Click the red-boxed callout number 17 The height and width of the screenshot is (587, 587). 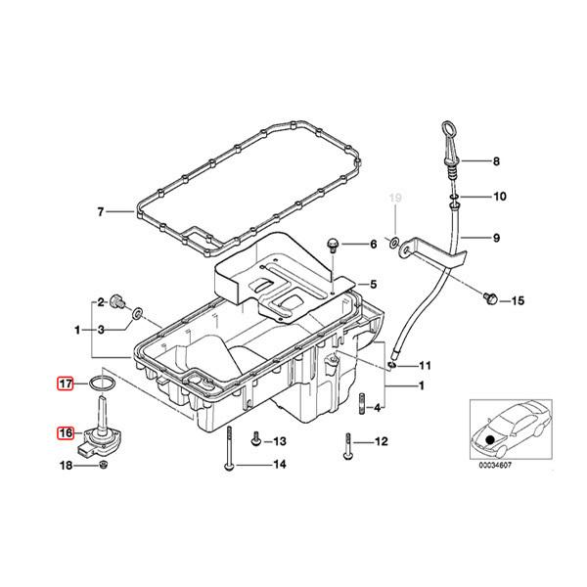tap(66, 384)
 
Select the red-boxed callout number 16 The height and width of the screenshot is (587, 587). tap(66, 432)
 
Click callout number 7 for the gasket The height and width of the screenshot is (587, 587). tap(99, 211)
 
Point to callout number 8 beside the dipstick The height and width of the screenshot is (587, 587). tap(495, 161)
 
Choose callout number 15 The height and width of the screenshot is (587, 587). tap(519, 300)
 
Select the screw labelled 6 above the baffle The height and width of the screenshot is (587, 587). tap(333, 243)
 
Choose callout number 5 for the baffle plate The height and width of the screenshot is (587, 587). tap(372, 285)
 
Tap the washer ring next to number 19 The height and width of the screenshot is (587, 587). tap(392, 242)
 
